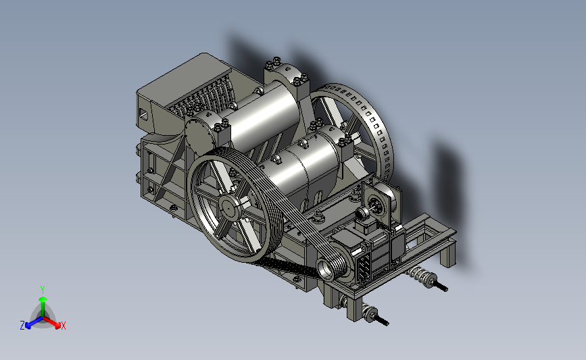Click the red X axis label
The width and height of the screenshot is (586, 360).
(x=63, y=326)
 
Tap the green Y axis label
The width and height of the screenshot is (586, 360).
(x=43, y=290)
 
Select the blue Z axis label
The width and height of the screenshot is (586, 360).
(x=22, y=326)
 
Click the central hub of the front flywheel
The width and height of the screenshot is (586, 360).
(x=228, y=207)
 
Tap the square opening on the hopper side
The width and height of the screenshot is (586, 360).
(x=143, y=113)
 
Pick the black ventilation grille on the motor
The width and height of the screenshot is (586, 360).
(x=364, y=266)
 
